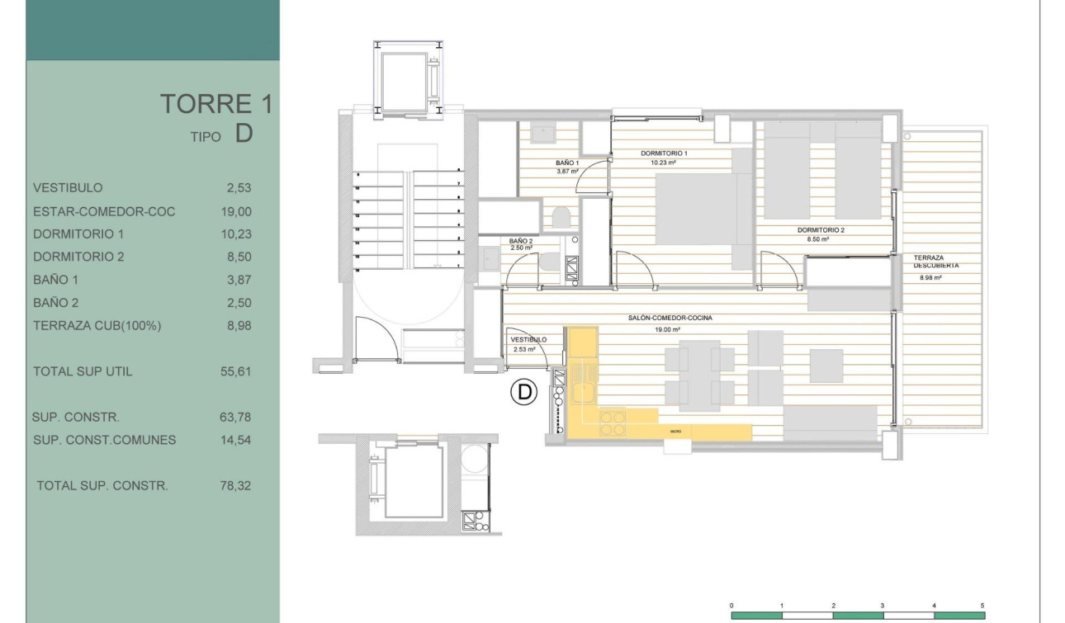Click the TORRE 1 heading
click(215, 104)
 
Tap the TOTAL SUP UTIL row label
click(83, 371)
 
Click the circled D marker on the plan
click(523, 393)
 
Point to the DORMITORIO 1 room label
click(664, 153)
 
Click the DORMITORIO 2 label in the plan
click(821, 230)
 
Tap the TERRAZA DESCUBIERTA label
click(935, 262)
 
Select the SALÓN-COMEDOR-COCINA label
click(674, 318)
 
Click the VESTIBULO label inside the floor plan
click(528, 339)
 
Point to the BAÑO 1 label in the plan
click(566, 163)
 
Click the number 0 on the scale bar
click(731, 606)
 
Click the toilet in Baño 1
click(561, 218)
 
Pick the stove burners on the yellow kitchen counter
click(612, 422)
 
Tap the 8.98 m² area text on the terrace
click(930, 278)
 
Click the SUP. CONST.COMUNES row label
click(104, 440)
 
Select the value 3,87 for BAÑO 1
click(239, 280)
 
